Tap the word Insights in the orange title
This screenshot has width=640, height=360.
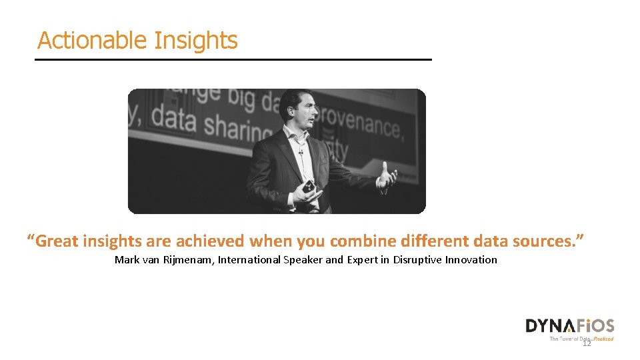coord(195,41)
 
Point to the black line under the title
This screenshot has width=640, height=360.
coord(233,60)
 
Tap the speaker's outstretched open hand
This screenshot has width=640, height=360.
coord(387,177)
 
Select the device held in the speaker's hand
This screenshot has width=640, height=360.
coord(309,187)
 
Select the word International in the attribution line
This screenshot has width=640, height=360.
coord(249,260)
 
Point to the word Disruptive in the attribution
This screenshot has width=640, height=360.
coord(417,260)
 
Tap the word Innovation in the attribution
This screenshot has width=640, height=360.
coord(471,260)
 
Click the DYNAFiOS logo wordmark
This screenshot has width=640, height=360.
coord(569,326)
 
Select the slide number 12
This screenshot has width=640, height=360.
coord(587,343)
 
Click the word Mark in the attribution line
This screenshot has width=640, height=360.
coord(127,260)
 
